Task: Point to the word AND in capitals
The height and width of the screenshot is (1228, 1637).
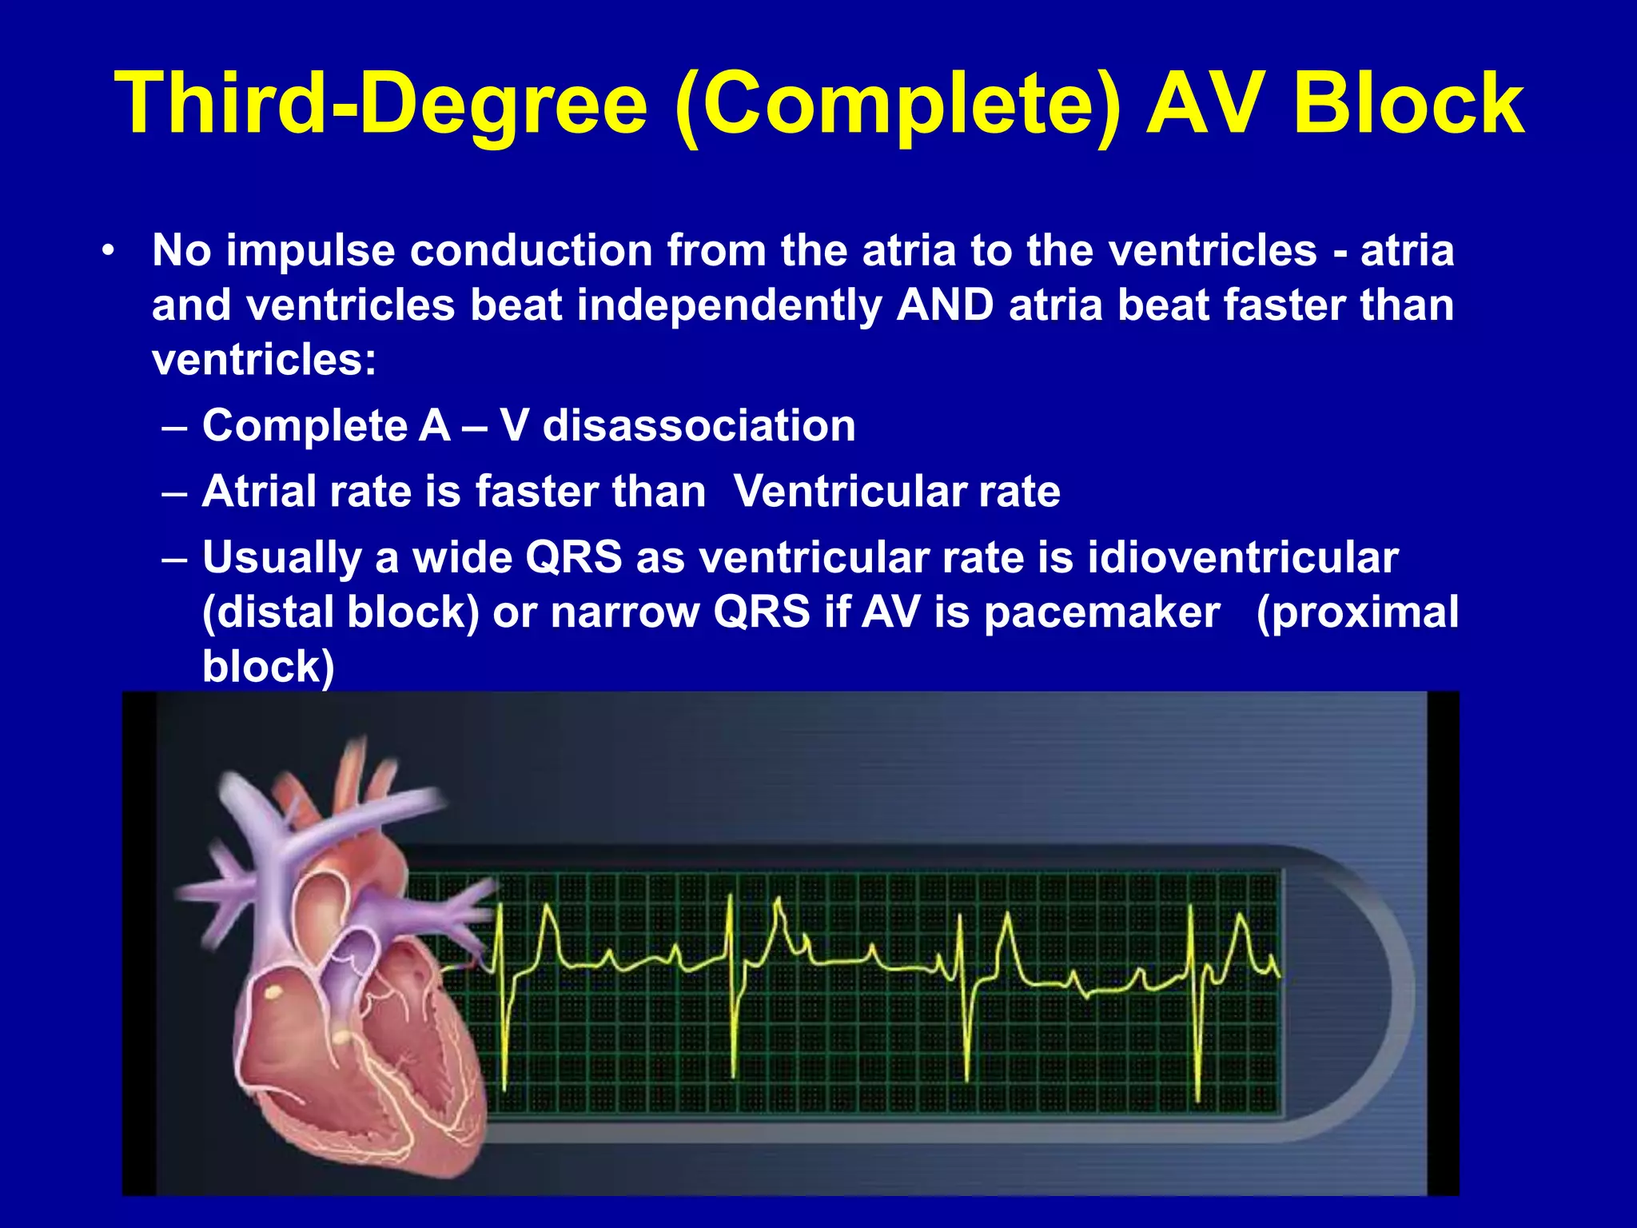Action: (946, 305)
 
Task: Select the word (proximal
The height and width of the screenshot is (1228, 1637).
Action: (1357, 612)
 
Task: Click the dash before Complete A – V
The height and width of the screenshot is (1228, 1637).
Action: (175, 426)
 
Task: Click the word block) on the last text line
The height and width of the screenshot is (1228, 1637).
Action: (268, 667)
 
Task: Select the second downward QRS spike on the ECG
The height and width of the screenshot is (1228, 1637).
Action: (733, 1039)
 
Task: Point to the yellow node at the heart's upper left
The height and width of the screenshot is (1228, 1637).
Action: (273, 993)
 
